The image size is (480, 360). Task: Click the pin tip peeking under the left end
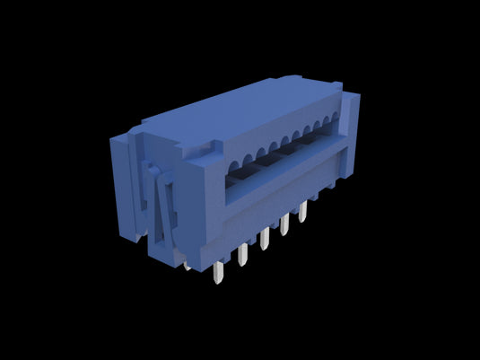(x=187, y=267)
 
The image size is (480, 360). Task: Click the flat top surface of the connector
(x=224, y=117)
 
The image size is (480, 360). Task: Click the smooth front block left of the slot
(x=202, y=206)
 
